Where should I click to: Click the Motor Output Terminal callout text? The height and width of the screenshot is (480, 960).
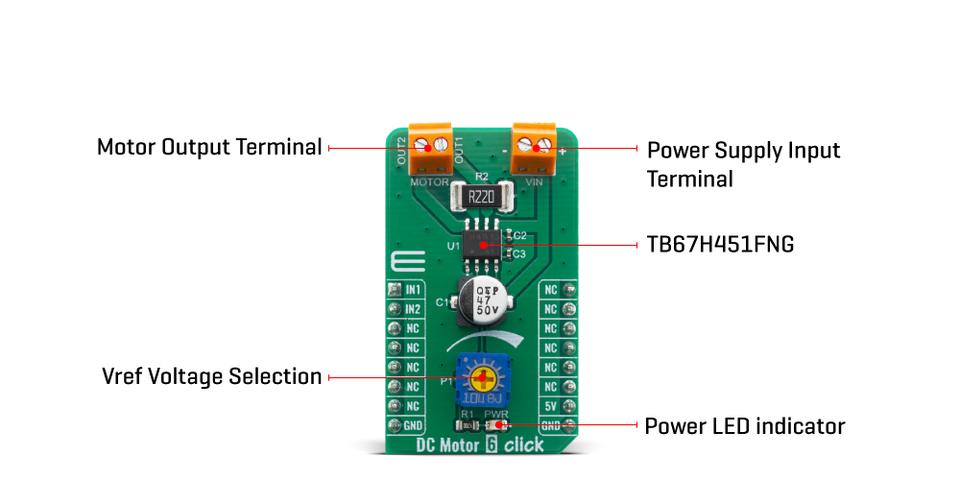209,148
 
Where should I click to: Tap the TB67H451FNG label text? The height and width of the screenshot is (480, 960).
720,245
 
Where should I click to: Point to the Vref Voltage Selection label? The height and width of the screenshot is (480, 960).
211,376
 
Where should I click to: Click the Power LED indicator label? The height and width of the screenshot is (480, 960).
744,425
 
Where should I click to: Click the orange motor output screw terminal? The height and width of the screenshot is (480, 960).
430,145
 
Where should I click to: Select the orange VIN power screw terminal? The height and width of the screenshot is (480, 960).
534,145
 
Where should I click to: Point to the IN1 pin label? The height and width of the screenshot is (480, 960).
413,289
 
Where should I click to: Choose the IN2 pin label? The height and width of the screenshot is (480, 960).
413,309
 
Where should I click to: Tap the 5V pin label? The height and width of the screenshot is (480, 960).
551,406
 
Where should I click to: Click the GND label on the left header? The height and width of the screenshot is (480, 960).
413,425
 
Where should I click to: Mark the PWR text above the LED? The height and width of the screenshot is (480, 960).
496,413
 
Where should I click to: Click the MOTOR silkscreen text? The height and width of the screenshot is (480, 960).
429,180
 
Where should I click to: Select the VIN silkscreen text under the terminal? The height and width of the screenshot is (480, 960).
535,180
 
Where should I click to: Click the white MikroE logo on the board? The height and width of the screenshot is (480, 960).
403,265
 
